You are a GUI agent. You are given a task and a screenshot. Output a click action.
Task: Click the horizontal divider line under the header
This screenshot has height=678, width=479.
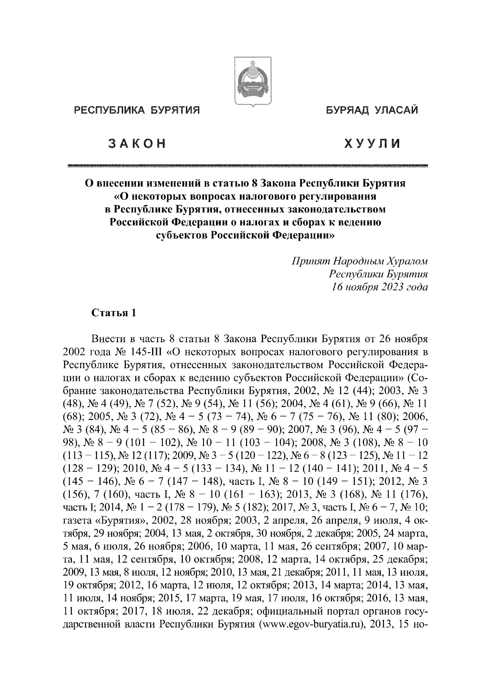247,165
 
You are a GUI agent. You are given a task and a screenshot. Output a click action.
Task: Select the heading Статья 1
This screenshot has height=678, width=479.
114,313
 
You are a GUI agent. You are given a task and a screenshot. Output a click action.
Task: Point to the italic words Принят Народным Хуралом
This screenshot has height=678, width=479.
359,262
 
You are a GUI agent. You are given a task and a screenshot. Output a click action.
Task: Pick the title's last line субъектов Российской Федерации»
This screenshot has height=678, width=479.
243,235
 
